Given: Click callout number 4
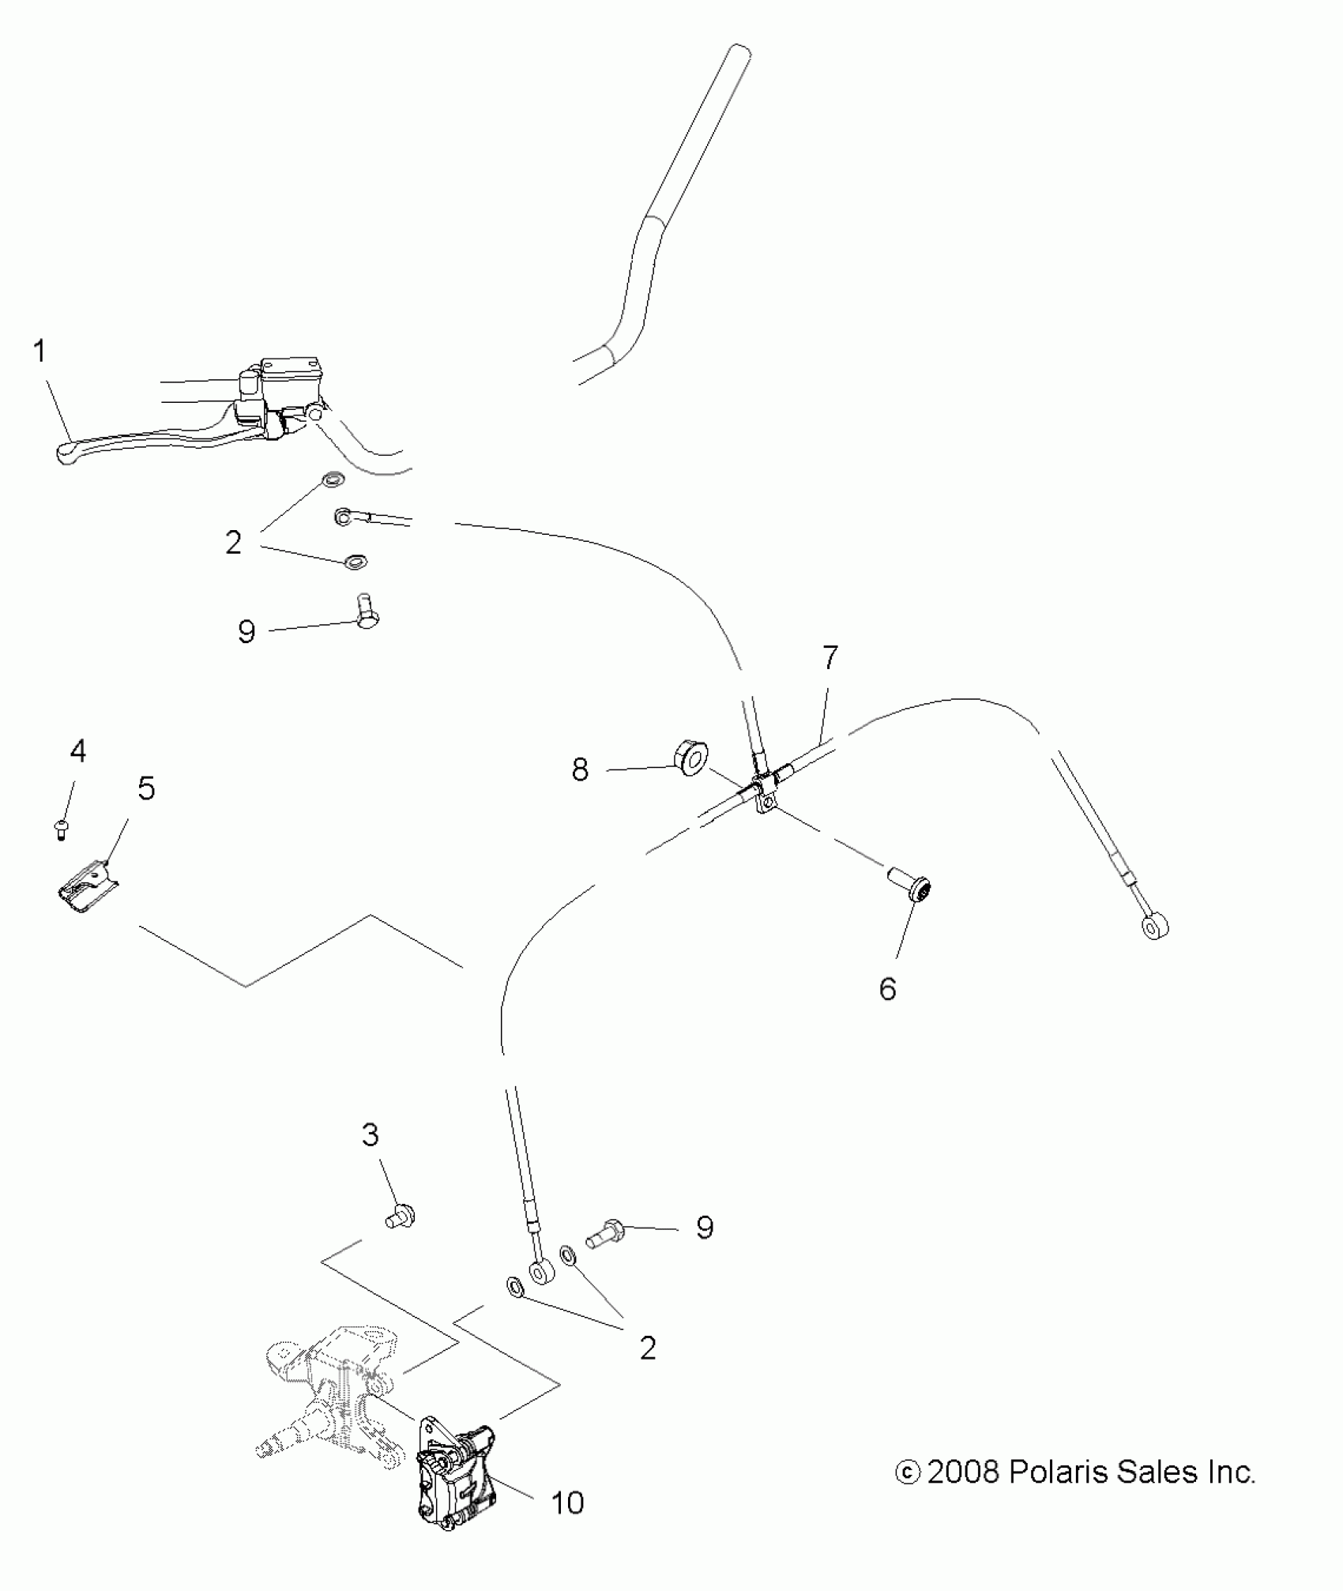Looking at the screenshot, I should point(77,751).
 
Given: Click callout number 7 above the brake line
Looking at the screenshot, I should point(829,657).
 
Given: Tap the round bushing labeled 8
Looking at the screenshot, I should point(690,758).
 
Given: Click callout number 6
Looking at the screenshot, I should point(888,988).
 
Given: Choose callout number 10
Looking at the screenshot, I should point(567,1503).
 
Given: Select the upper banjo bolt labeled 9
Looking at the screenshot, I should point(367,611).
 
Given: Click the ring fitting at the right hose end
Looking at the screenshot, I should point(1155,927).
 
